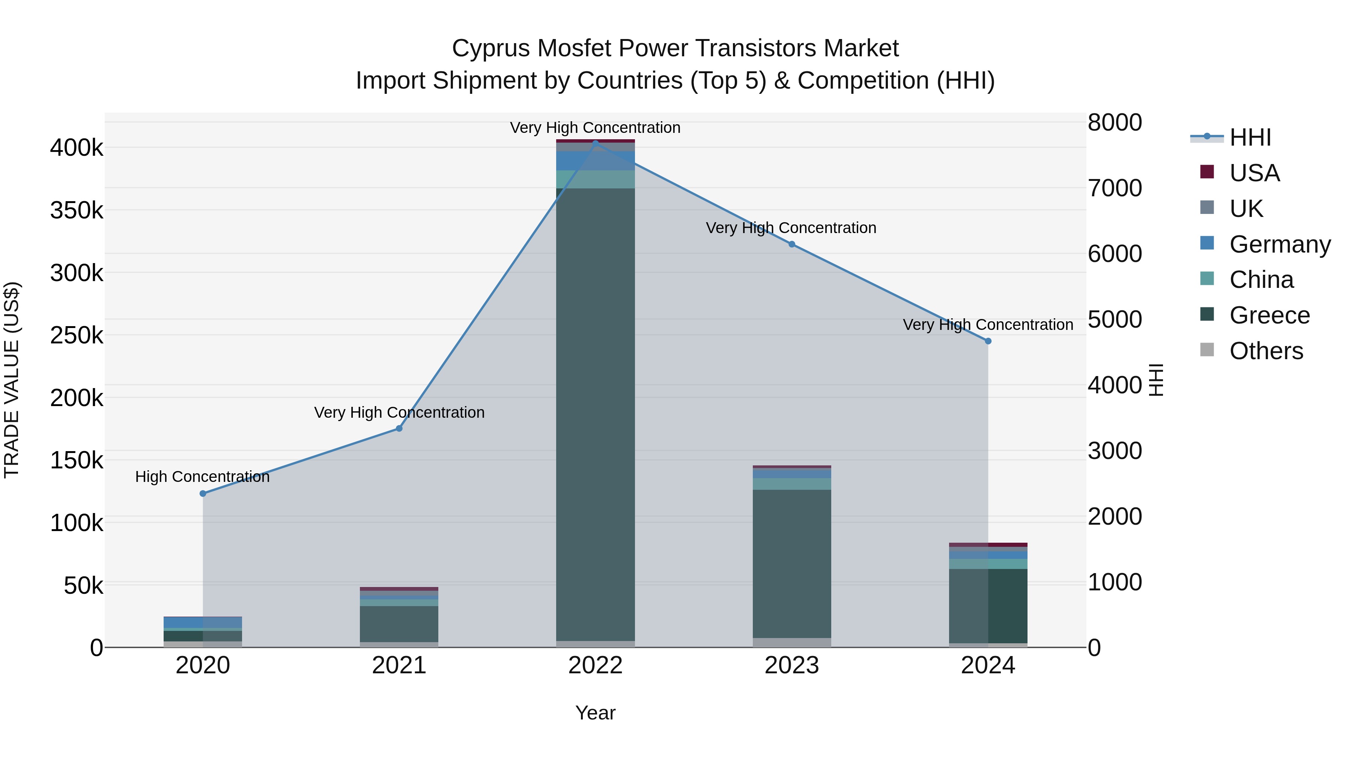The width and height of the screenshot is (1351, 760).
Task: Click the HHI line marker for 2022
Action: tap(595, 143)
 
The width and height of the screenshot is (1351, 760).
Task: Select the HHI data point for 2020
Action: tap(203, 494)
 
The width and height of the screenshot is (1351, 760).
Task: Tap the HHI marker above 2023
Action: tap(792, 244)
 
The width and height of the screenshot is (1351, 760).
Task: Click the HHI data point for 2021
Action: tap(399, 429)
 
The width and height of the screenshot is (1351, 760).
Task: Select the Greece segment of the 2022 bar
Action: tap(595, 414)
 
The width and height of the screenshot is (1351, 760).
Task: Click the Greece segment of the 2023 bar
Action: tap(792, 564)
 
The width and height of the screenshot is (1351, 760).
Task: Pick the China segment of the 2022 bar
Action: tap(595, 179)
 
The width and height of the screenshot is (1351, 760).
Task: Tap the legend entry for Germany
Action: tap(1280, 244)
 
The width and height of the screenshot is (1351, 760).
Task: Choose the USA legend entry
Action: tap(1255, 173)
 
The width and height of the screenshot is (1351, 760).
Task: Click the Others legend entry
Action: tap(1266, 351)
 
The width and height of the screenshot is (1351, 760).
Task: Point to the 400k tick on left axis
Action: tap(77, 148)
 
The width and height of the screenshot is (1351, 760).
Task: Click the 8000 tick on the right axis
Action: tap(1115, 123)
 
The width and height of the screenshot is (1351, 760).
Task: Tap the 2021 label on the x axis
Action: tap(399, 665)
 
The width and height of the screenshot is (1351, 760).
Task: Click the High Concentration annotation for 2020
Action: tap(202, 477)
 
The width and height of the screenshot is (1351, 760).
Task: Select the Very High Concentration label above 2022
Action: tap(595, 128)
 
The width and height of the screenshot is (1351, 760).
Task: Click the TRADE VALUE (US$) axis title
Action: tap(12, 380)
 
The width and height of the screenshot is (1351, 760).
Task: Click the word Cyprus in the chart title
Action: tap(490, 48)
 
